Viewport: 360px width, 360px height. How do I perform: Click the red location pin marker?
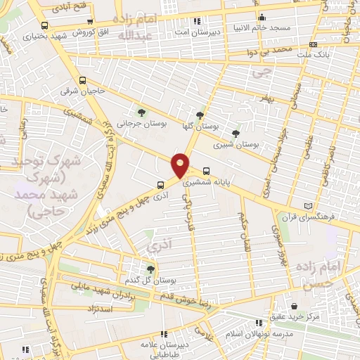pos(181,165)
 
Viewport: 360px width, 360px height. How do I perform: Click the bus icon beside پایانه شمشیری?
pos(206,170)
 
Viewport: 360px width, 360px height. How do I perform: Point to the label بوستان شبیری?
pos(236,143)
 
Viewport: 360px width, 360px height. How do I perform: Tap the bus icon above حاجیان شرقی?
pos(82,79)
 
